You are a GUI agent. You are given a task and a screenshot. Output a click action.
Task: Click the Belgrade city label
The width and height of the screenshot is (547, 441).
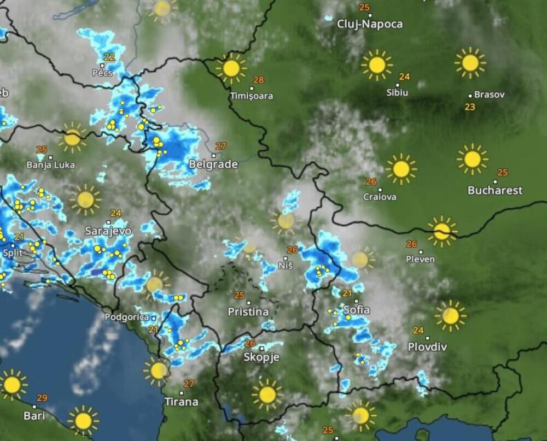pyautogui.click(x=213, y=164)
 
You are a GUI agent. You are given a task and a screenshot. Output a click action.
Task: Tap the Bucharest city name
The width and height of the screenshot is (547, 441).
pyautogui.click(x=495, y=191)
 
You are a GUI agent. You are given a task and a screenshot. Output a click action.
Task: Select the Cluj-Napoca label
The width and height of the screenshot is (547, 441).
pyautogui.click(x=370, y=24)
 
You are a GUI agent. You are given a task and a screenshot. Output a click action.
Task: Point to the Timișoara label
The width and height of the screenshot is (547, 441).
pyautogui.click(x=252, y=96)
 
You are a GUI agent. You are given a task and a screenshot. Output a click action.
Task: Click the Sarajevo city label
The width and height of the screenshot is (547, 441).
pyautogui.click(x=108, y=231)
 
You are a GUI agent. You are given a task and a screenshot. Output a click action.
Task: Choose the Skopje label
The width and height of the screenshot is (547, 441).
pyautogui.click(x=261, y=357)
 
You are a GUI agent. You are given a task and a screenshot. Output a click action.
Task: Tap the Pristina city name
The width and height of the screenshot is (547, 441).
pyautogui.click(x=248, y=312)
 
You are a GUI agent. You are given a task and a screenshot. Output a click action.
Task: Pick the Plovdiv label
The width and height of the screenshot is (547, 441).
pyautogui.click(x=427, y=347)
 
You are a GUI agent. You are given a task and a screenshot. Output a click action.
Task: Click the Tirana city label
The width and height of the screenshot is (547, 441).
pyautogui.click(x=181, y=402)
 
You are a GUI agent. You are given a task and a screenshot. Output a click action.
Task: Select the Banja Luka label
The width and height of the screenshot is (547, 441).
pyautogui.click(x=50, y=164)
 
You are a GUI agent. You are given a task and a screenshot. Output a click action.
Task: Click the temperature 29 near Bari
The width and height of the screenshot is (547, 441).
pyautogui.click(x=42, y=398)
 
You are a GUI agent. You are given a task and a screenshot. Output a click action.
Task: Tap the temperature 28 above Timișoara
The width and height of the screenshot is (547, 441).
pyautogui.click(x=258, y=80)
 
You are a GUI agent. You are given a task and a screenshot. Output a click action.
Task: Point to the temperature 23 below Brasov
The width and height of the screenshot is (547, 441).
pyautogui.click(x=470, y=107)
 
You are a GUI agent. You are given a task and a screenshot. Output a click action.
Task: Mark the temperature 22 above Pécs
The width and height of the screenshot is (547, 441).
pyautogui.click(x=109, y=57)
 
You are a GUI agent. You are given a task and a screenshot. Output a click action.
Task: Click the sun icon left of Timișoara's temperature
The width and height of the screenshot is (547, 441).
pyautogui.click(x=231, y=68)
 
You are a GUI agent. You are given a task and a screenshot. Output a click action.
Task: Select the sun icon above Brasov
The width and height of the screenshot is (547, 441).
pyautogui.click(x=470, y=63)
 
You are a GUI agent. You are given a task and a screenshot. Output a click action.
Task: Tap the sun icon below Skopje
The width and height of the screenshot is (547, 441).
pyautogui.click(x=267, y=394)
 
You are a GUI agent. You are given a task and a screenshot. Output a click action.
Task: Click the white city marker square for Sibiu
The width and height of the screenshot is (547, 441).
pyautogui.click(x=398, y=85)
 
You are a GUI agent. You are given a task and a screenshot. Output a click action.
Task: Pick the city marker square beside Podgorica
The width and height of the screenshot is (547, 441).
pyautogui.click(x=154, y=317)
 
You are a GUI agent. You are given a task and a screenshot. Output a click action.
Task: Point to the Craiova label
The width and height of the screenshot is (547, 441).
pyautogui.click(x=380, y=197)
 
